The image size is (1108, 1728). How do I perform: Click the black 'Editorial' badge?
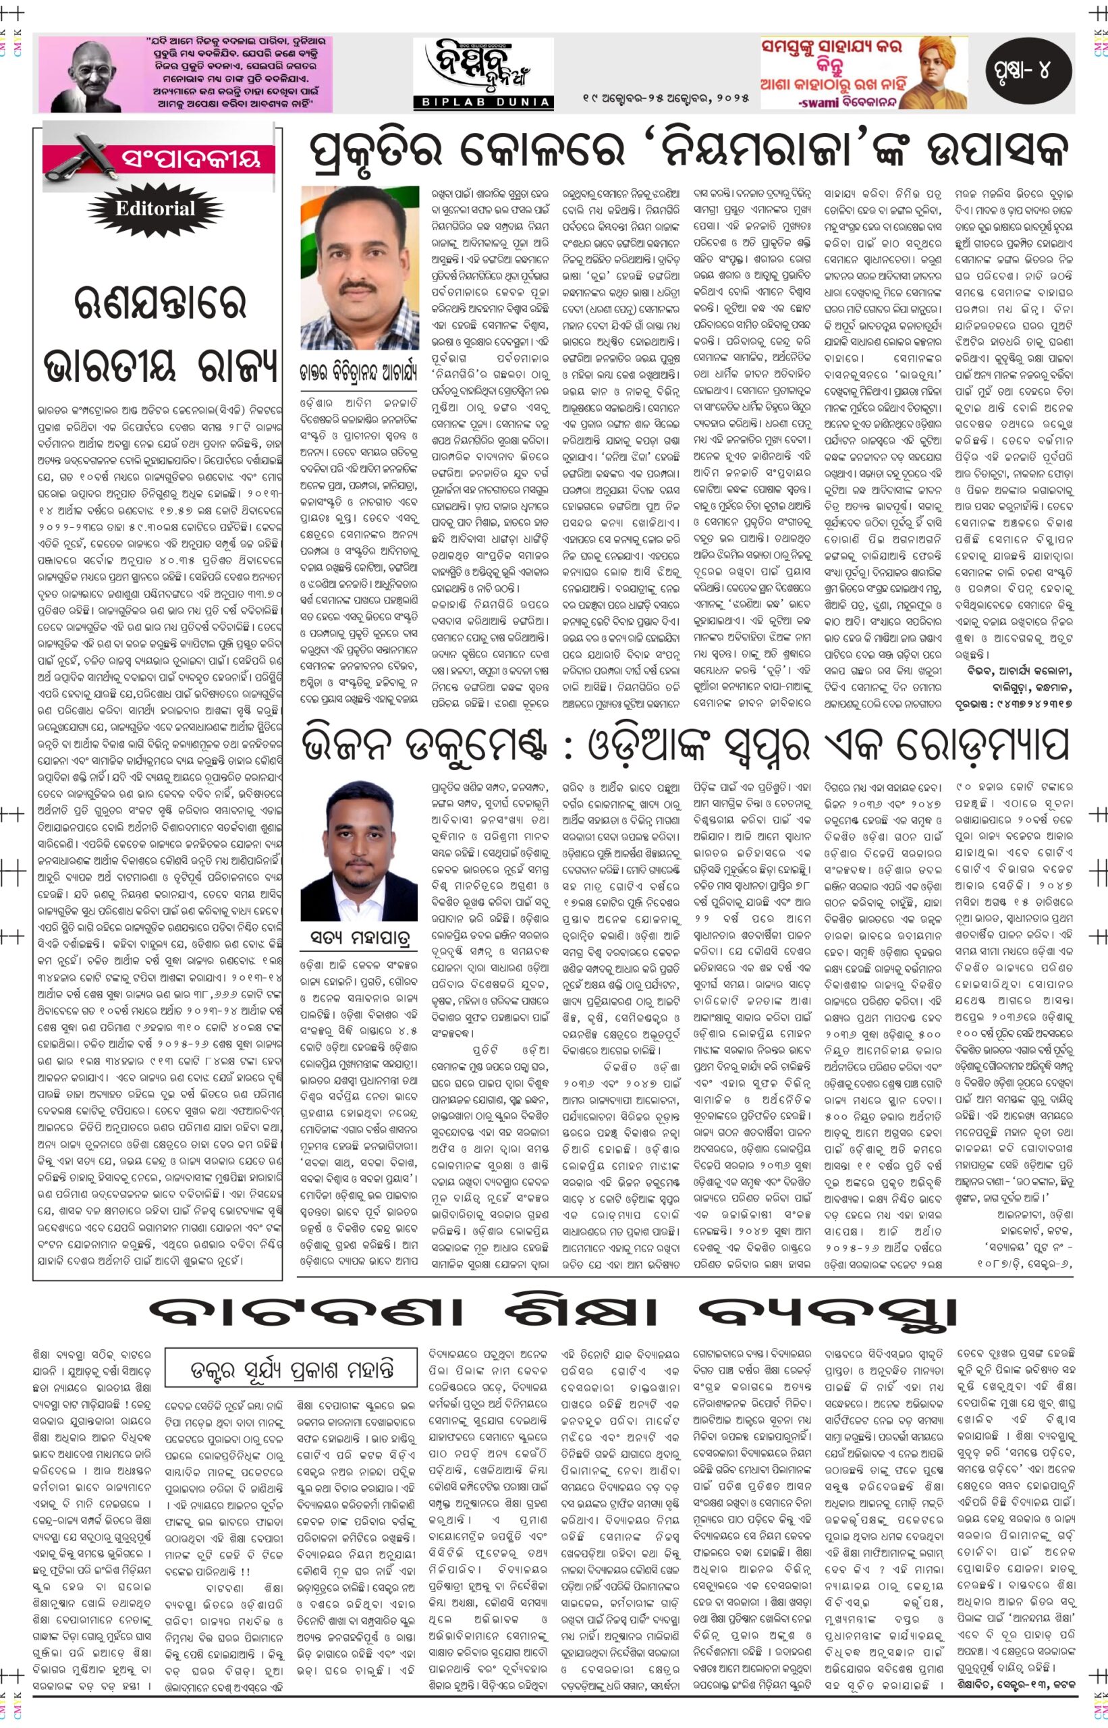[x=155, y=209]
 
